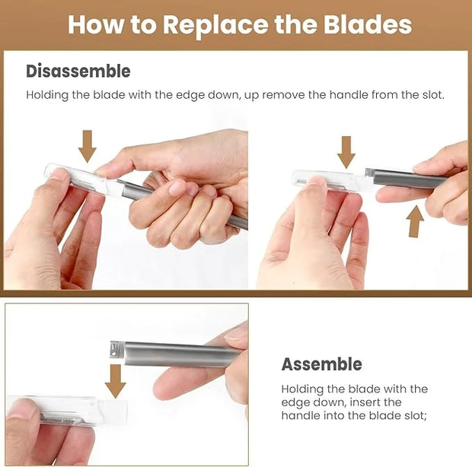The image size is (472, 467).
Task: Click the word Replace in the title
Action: click(x=215, y=26)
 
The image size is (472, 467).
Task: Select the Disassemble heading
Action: click(x=78, y=71)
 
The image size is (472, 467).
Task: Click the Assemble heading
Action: click(x=322, y=364)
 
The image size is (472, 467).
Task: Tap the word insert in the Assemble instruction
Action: click(x=367, y=402)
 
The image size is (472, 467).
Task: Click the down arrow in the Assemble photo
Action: click(x=116, y=381)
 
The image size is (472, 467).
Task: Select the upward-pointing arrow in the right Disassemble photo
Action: click(x=415, y=221)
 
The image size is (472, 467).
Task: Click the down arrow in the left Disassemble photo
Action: click(x=88, y=147)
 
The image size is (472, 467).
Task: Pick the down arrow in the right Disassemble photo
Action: click(x=346, y=152)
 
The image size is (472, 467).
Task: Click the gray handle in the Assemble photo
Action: click(x=180, y=354)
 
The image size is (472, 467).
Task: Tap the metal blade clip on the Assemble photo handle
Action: click(x=117, y=349)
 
